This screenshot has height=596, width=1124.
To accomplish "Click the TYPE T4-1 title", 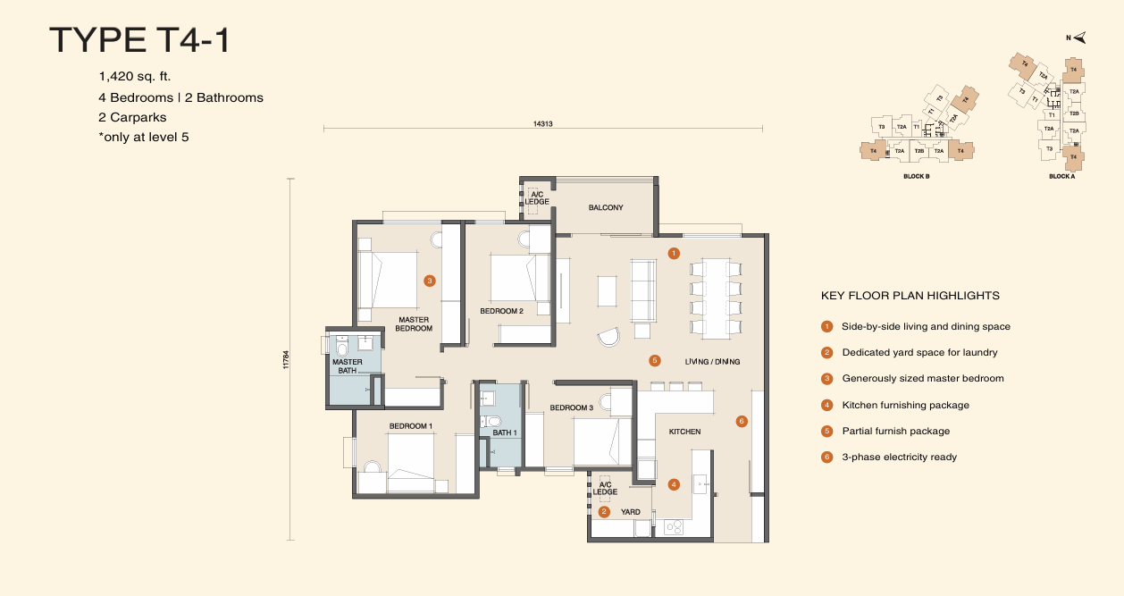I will click(x=139, y=40).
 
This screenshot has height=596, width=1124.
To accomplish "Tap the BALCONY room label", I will click(x=605, y=207).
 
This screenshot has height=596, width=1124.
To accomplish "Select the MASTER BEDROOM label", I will click(x=414, y=323).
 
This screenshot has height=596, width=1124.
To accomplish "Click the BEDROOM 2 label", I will click(x=501, y=311).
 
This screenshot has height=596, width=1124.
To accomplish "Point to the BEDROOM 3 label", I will click(x=571, y=407).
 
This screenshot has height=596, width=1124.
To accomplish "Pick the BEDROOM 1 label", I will click(x=410, y=426).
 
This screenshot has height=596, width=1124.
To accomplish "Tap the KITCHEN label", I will click(x=684, y=432).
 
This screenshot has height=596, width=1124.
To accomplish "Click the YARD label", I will click(x=631, y=512).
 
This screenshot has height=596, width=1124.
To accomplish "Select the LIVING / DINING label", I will click(x=712, y=361).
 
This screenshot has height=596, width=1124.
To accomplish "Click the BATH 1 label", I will click(x=505, y=432).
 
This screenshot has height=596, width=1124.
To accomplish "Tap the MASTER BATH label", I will click(x=347, y=365).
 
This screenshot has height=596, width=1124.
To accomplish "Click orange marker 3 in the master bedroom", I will click(x=430, y=281).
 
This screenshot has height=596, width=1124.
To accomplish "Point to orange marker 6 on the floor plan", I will click(x=741, y=421).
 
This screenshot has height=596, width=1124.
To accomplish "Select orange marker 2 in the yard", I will click(x=604, y=512).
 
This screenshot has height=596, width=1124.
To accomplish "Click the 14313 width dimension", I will click(x=542, y=123).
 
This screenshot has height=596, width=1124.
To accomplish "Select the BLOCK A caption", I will click(x=1061, y=177).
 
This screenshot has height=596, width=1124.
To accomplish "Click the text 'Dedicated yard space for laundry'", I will click(x=919, y=353).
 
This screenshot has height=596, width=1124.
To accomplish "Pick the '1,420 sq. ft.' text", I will click(x=135, y=77).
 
